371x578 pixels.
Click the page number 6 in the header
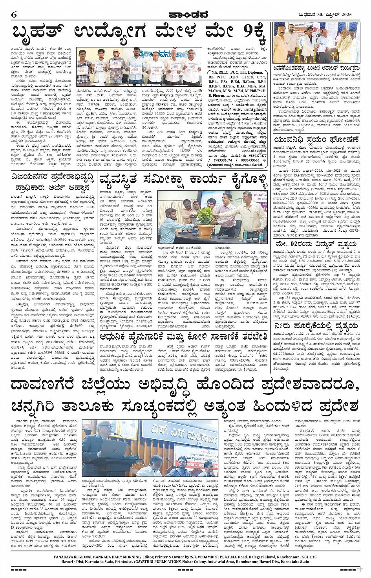pos(14,15)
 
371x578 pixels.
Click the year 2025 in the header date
pos(345,15)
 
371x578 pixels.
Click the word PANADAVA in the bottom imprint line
pos(68,557)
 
